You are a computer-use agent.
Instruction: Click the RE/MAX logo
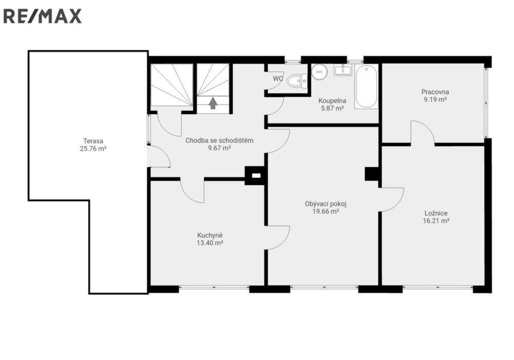tap(42, 16)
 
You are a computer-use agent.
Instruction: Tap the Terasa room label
tap(93, 141)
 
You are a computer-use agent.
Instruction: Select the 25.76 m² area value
tap(93, 149)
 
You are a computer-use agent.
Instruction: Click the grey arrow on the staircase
tap(213, 103)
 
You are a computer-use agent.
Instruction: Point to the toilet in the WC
tap(297, 80)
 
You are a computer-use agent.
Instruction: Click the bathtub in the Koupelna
tap(366, 87)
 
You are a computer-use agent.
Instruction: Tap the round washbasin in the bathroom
tap(319, 72)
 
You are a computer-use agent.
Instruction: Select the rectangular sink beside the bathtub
tap(343, 70)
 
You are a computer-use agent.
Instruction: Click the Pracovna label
tap(435, 92)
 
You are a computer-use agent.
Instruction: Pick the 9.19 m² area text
tap(435, 99)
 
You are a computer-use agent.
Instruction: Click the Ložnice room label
tap(436, 213)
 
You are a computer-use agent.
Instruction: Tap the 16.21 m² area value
tap(436, 221)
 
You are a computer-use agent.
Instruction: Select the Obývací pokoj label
tap(325, 204)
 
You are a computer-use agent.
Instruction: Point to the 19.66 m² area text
tap(325, 211)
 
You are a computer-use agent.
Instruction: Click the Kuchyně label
tap(210, 236)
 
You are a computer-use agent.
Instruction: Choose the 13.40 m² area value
tap(210, 243)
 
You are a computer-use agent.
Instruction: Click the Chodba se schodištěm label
tap(219, 140)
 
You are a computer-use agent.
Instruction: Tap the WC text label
tap(278, 79)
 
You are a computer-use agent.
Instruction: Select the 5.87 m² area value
tap(333, 108)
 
